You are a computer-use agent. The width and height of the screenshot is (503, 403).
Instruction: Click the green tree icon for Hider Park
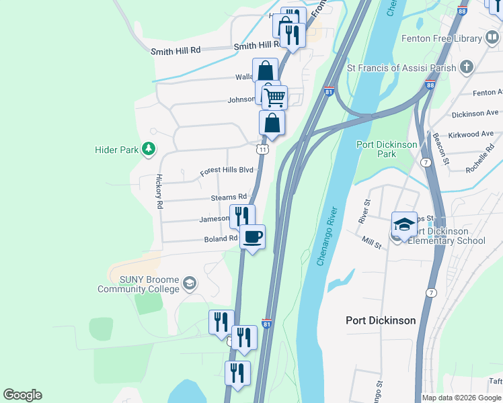click(x=149, y=149)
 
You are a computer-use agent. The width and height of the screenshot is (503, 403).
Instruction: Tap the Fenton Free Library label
click(x=438, y=39)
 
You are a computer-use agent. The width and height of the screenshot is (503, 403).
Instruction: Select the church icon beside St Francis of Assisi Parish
click(x=467, y=67)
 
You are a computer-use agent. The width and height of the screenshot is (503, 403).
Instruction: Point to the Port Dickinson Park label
click(x=386, y=149)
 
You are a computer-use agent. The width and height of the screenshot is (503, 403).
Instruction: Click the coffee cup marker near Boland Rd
click(x=252, y=237)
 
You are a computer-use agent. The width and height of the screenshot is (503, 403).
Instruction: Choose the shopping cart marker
click(x=274, y=98)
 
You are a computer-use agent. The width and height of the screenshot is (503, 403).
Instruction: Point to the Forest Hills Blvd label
click(x=226, y=171)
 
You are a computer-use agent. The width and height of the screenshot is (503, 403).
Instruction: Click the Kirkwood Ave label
click(x=474, y=134)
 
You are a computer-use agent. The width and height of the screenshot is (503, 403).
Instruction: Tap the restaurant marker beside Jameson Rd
click(x=242, y=216)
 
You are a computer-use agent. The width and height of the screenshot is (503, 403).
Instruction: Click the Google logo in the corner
click(x=22, y=395)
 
